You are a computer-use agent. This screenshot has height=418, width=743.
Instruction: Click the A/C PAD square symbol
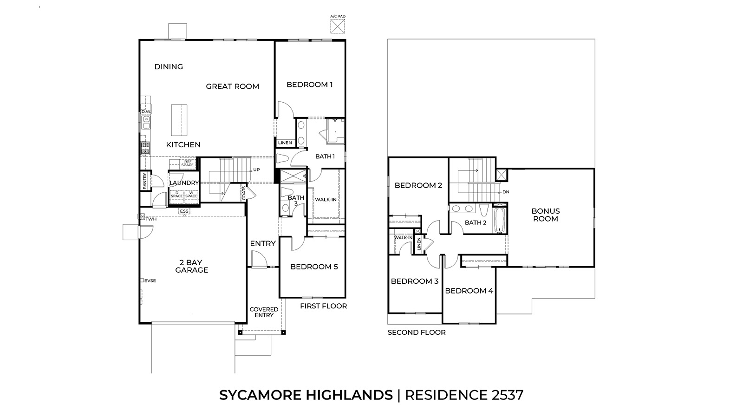[338, 27]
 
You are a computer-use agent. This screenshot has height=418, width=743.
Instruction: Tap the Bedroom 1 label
[309, 85]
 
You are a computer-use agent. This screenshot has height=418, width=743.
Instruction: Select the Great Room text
[232, 86]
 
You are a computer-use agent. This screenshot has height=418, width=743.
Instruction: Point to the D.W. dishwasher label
[146, 112]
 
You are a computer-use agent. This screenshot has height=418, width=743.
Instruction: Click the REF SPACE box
[187, 163]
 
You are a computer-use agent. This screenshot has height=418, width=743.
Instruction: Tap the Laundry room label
[184, 183]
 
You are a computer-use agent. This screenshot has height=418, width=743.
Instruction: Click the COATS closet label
[244, 194]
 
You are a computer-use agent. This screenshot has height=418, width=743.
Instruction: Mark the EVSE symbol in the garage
[142, 281]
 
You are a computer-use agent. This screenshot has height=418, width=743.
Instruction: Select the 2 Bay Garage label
[191, 266]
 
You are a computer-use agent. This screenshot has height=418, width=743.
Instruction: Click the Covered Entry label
[264, 312]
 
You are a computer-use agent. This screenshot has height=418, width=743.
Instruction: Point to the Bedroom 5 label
[314, 267]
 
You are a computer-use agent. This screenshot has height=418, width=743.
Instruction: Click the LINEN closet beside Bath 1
[285, 143]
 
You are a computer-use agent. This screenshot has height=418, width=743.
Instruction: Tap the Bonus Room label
[546, 215]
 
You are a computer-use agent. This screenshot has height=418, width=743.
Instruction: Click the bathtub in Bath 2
[500, 220]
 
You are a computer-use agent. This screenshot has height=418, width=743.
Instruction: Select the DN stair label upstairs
[505, 192]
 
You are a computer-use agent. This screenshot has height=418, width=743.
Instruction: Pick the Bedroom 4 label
[469, 291]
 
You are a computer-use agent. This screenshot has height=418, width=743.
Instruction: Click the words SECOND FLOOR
[417, 333]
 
